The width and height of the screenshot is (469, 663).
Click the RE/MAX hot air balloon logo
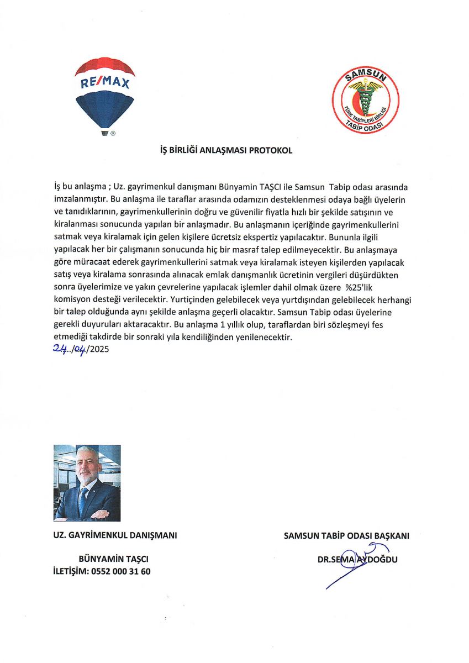[105, 91]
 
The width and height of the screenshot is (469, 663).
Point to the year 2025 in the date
[98, 349]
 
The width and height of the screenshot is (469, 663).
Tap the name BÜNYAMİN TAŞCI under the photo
[113, 559]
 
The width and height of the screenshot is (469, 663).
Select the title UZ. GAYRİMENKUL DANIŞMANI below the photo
[114, 535]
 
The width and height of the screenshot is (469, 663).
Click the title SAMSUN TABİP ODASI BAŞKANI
[346, 535]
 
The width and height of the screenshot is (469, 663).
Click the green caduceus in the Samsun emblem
[366, 100]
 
